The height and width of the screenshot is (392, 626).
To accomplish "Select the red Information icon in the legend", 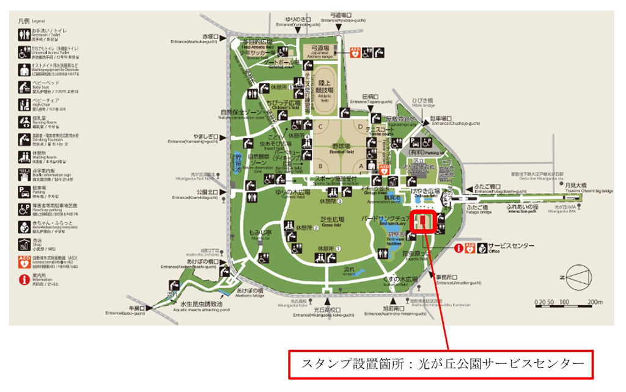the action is click(x=24, y=280).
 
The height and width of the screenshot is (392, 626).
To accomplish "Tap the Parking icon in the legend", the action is click(x=24, y=191).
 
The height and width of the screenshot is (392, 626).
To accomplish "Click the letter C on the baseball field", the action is click(x=319, y=126).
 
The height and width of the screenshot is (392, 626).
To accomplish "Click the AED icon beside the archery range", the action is click(x=356, y=53).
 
